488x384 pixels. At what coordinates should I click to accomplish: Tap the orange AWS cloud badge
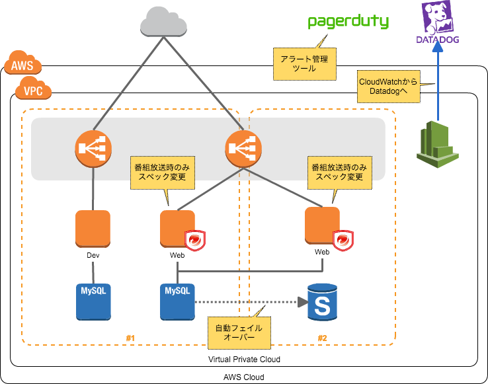(22, 64)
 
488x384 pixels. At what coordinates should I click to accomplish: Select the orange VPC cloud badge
(33, 89)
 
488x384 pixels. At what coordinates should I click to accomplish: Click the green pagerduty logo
(348, 22)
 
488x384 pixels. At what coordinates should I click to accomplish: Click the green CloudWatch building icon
(437, 144)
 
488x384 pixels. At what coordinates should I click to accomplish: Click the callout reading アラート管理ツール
(305, 64)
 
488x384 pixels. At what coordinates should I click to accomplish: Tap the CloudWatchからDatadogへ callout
(388, 86)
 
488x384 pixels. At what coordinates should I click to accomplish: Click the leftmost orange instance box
(93, 229)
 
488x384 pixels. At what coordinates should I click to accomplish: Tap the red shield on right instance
(343, 241)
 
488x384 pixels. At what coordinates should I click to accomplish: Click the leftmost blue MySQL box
(93, 301)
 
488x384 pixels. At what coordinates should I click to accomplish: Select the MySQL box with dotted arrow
(177, 301)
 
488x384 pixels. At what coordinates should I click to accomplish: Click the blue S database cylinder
(323, 302)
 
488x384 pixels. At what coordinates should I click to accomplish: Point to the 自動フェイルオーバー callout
(239, 332)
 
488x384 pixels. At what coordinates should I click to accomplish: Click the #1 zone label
(130, 338)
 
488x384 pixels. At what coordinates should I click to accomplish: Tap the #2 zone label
(322, 338)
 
